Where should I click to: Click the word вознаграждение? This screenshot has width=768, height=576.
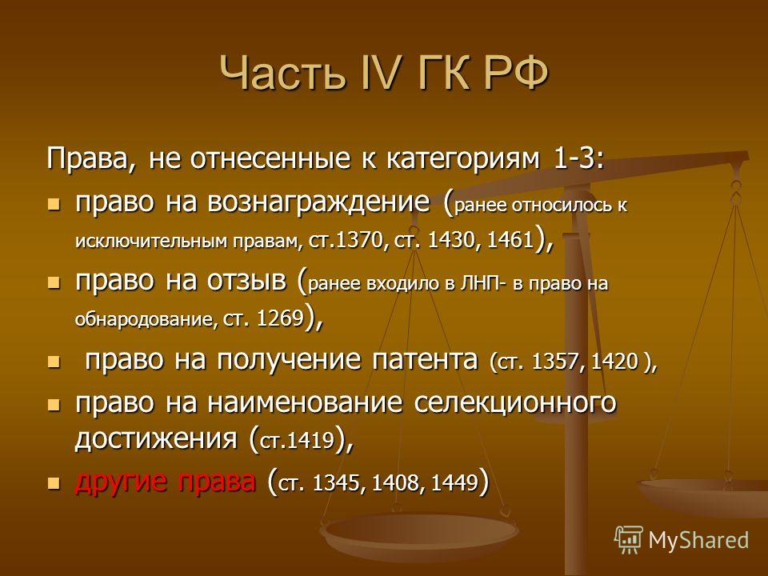point(319,202)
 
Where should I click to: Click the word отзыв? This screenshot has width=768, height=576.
point(247,281)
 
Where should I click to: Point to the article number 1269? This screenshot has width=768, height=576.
point(280,319)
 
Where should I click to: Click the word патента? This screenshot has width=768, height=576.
point(424,360)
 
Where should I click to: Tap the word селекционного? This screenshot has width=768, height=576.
point(515,402)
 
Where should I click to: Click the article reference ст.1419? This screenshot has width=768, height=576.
point(297,441)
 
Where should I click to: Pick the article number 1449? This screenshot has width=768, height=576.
point(455,483)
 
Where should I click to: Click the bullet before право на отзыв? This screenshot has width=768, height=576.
point(54,282)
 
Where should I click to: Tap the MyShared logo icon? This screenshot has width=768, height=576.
point(629,540)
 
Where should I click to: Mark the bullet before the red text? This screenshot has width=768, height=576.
point(54,483)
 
